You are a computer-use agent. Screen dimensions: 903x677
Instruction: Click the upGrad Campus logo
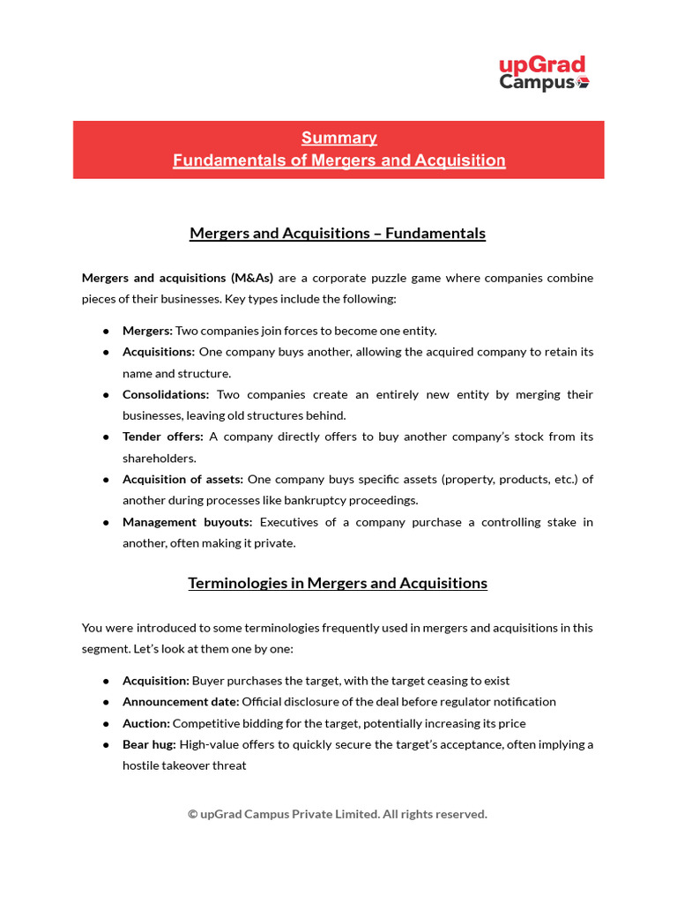[543, 73]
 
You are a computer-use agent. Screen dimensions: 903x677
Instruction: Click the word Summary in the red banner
[338, 138]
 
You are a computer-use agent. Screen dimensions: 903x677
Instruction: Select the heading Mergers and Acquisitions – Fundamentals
[338, 234]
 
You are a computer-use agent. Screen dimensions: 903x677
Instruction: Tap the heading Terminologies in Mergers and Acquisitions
[338, 584]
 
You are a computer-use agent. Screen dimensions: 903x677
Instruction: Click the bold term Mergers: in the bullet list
[147, 331]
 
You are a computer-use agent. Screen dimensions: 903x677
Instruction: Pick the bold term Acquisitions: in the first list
[159, 352]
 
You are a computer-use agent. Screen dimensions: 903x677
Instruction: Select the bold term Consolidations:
[166, 394]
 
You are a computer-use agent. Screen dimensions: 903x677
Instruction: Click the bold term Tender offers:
[163, 437]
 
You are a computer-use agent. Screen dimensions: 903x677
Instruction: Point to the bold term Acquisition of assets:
[182, 480]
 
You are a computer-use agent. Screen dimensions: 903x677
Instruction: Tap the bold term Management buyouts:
[187, 522]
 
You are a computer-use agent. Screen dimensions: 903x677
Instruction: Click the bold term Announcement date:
[181, 702]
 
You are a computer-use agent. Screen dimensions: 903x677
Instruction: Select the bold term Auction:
[145, 723]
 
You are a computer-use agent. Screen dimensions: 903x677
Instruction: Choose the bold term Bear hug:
[149, 744]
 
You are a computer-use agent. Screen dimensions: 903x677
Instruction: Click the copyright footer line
[338, 814]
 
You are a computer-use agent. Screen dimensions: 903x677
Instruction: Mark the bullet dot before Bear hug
[106, 745]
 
